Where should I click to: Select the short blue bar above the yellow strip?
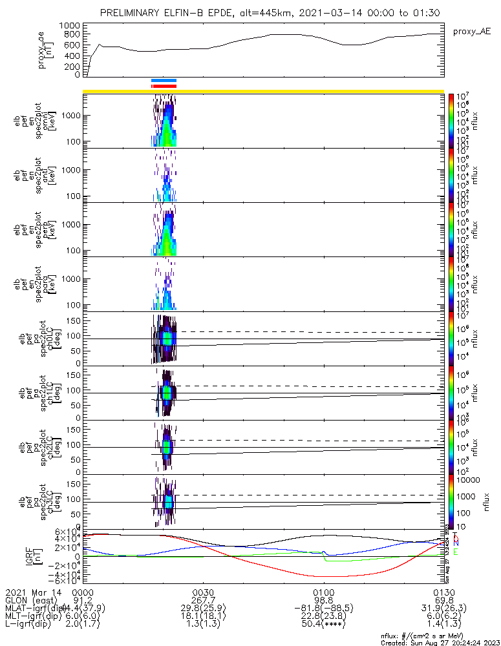pyautogui.click(x=164, y=80)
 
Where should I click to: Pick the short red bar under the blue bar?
pyautogui.click(x=164, y=85)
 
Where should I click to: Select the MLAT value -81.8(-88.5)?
pyautogui.click(x=323, y=609)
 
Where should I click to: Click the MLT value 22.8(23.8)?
pyautogui.click(x=323, y=617)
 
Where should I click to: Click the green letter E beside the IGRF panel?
pyautogui.click(x=456, y=552)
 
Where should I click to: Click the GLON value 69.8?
pyautogui.click(x=444, y=600)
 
